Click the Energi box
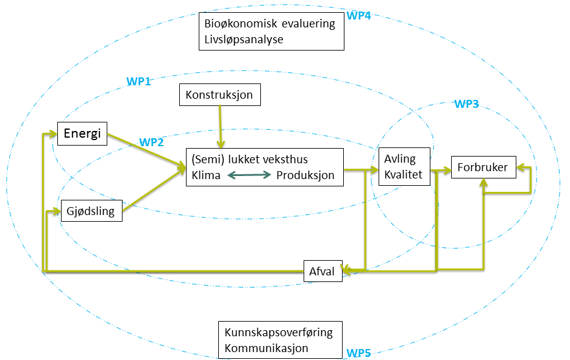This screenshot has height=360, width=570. [x=82, y=134]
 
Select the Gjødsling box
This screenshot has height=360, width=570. [x=91, y=210]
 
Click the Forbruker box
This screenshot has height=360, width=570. [x=483, y=168]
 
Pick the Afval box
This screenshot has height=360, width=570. [x=322, y=272]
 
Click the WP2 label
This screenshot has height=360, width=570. [x=152, y=143]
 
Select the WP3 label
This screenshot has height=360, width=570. [x=466, y=104]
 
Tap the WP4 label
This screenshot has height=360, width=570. [x=358, y=16]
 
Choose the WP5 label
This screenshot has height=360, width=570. [x=358, y=353]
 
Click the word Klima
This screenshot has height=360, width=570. [x=205, y=175]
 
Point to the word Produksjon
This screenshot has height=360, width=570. [x=305, y=175]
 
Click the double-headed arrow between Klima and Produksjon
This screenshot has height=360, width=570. [x=249, y=175]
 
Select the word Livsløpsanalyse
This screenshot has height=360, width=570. [x=244, y=40]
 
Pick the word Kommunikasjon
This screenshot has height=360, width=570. [x=266, y=348]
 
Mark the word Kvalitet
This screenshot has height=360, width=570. [x=403, y=174]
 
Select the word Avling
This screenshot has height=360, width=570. [x=400, y=159]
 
